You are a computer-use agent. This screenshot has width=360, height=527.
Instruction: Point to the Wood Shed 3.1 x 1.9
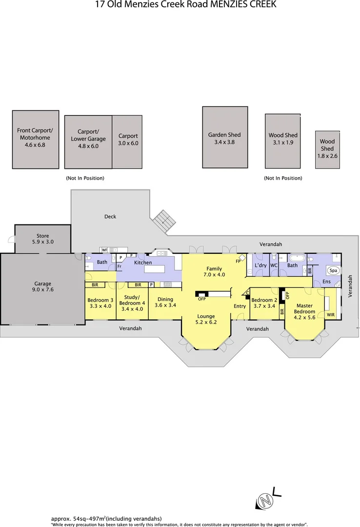283,141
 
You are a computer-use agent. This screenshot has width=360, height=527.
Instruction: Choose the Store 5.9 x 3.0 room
42,239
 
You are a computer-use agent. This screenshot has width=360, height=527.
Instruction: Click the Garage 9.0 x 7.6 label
42,286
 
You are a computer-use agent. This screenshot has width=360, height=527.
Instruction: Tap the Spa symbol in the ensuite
334,270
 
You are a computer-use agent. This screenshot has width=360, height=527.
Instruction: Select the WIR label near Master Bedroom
330,315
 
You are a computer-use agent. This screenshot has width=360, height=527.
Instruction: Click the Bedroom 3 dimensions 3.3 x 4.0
100,306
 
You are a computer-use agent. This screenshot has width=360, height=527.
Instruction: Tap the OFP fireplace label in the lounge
201,299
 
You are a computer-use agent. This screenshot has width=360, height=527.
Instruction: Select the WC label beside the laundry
274,265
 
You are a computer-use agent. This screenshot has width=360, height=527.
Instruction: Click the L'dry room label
260,265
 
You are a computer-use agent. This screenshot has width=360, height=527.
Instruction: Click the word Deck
110,216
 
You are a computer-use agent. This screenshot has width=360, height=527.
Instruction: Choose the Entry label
240,306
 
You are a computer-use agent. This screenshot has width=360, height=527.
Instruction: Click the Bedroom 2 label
264,300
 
